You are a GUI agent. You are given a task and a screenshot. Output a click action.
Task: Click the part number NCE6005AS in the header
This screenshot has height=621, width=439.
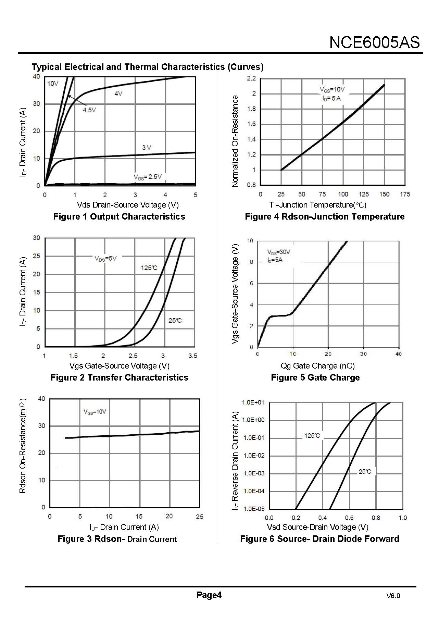[x=374, y=42]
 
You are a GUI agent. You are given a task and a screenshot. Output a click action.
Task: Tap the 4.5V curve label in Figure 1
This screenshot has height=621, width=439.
[x=89, y=110]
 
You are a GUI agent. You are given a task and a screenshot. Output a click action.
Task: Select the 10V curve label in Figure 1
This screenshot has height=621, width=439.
[x=53, y=84]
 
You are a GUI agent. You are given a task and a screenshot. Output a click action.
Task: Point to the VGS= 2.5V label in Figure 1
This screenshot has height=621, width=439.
[x=148, y=177]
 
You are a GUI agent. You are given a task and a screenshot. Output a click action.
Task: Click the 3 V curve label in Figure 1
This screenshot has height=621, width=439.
[x=147, y=148]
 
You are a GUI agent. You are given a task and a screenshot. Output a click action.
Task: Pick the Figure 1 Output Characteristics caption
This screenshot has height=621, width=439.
[x=119, y=216]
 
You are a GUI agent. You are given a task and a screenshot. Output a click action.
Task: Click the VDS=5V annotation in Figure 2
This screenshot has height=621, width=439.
[x=105, y=259]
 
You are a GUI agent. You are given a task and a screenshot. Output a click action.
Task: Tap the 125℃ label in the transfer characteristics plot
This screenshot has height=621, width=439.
[x=149, y=268]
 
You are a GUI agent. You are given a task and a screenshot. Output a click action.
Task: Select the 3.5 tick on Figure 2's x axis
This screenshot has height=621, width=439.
[x=193, y=356]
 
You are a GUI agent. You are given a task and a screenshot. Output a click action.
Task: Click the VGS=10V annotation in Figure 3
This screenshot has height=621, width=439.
[x=95, y=412]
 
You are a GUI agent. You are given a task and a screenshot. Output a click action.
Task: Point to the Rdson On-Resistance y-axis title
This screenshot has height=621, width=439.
[x=23, y=446]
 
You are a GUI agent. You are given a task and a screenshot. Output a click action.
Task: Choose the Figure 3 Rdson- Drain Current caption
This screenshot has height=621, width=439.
[x=117, y=539]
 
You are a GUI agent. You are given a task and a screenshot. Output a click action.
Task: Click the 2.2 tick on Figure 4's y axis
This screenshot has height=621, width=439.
[x=251, y=78]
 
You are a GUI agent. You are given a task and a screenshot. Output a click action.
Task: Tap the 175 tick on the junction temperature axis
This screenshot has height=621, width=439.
[x=405, y=194]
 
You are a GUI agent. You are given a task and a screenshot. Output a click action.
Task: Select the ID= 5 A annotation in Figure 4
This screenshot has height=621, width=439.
[x=331, y=99]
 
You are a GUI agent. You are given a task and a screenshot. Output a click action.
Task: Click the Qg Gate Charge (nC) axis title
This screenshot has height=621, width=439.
[x=317, y=366]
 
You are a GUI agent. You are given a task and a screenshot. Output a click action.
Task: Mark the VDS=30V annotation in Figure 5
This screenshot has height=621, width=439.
[x=278, y=252]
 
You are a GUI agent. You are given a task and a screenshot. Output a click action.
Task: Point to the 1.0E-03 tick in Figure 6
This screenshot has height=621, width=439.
[x=254, y=473]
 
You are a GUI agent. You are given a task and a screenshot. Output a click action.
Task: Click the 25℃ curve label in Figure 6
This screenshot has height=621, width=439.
[x=365, y=472]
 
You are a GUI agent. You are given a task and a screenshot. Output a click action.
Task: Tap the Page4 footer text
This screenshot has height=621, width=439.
[x=209, y=595]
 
